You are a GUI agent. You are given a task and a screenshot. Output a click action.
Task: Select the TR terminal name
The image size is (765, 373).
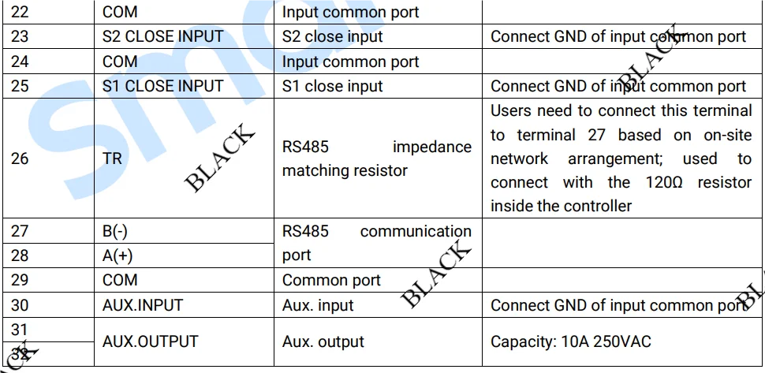112,159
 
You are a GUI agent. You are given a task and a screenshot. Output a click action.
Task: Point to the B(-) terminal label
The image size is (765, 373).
115,231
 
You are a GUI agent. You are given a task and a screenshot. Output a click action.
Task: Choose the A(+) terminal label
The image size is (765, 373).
117,256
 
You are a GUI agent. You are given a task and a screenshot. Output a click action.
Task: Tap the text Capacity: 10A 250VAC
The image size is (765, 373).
571,341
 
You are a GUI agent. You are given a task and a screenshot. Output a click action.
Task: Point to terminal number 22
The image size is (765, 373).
20,12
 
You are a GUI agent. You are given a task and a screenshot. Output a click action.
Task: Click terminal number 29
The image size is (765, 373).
20,280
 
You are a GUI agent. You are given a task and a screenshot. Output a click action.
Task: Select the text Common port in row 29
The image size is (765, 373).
331,281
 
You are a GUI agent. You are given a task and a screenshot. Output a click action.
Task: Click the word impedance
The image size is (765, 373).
432,147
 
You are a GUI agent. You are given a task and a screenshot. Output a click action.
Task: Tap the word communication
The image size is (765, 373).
416,231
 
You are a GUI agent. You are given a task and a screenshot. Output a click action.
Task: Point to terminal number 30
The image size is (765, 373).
20,305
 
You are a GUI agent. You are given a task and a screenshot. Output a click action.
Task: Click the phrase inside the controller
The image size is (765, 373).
561,206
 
